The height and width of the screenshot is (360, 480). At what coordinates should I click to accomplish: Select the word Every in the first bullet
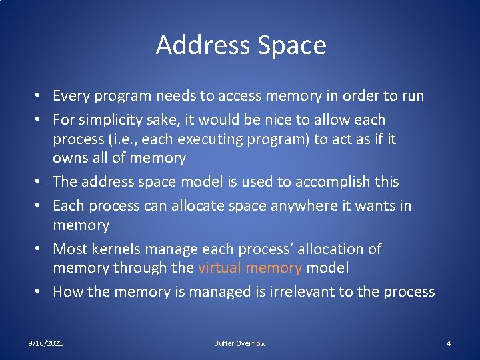73,96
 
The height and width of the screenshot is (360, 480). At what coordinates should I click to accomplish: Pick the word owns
69,158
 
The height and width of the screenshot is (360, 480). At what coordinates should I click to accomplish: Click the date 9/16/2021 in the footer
46,343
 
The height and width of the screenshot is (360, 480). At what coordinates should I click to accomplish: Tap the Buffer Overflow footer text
239,343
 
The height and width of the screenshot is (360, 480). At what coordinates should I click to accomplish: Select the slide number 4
449,343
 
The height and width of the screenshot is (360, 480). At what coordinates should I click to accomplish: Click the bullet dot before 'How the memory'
41,292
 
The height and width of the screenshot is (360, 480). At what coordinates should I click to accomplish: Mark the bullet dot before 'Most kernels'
41,249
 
